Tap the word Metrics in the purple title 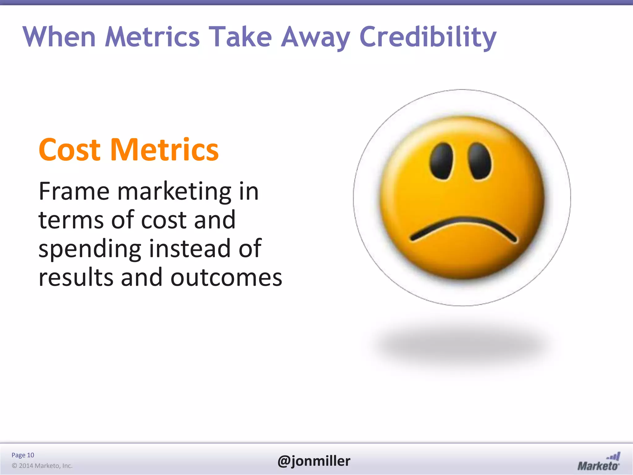point(152,37)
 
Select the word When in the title point(59,37)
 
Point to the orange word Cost point(70,150)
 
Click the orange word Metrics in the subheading point(164,150)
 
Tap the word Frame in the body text point(74,191)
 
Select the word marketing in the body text point(174,192)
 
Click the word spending point(90,249)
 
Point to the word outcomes point(226,277)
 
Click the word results point(76,277)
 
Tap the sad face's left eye point(441,161)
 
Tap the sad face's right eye point(479,161)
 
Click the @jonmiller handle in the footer point(314,461)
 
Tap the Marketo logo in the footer point(598,462)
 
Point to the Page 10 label point(23,455)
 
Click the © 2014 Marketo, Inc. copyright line point(42,466)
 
